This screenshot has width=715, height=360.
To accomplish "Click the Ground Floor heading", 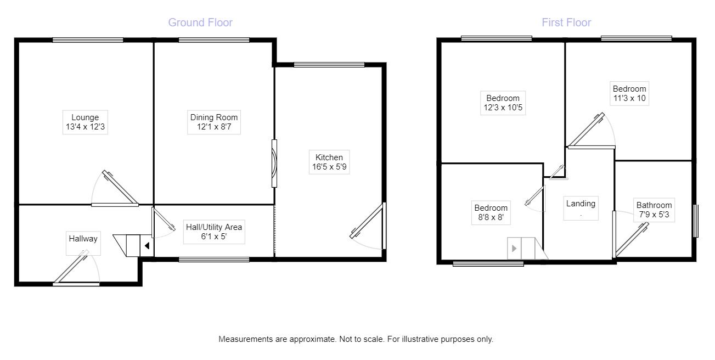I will [200, 22].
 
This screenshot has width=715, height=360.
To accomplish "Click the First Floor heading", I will [566, 22].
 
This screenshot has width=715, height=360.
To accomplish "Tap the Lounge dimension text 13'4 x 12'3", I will [85, 127].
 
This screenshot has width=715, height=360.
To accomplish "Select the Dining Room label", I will [214, 117].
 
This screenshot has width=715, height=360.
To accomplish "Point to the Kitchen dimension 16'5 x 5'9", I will [329, 167].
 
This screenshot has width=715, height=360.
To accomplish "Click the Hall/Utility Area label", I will [213, 227].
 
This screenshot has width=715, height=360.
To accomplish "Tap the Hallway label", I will [83, 238].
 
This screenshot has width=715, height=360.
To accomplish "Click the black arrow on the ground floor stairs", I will [147, 246].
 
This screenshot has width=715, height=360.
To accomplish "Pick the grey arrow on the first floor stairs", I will [514, 249].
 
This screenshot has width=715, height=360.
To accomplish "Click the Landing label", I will [581, 204].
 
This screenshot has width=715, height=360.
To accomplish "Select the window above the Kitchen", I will [329, 65].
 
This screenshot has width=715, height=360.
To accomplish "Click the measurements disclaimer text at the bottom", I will [356, 339].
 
